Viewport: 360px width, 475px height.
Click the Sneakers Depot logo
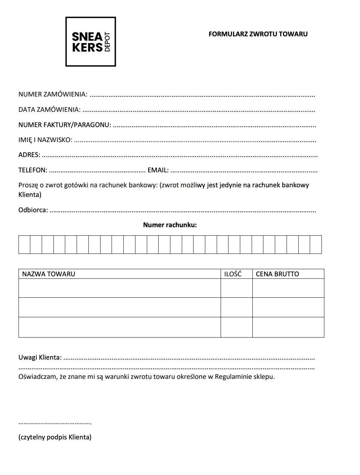91,42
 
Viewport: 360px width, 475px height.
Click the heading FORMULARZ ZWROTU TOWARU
258,34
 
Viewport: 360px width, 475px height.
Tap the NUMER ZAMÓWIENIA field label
53,94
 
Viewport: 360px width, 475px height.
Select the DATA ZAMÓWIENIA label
50,110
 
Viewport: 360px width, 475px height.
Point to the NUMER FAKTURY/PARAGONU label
65,125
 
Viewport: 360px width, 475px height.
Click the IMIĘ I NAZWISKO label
45,140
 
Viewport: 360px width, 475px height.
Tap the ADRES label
29,155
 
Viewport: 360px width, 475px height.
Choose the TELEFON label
33,170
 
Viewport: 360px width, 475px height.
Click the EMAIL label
158,170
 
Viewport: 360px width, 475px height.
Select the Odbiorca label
33,210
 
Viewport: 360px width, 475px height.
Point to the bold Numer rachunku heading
170,225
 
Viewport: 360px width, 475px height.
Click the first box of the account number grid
25,245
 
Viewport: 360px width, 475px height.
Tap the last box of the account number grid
316,245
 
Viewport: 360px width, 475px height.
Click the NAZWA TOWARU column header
49,274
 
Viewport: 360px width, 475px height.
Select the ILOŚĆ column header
233,274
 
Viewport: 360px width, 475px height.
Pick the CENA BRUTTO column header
277,274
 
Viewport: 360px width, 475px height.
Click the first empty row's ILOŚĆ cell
237,288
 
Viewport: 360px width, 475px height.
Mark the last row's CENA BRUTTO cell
288,327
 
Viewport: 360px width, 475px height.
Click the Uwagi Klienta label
40,357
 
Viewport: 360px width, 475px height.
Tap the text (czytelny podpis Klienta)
55,437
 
